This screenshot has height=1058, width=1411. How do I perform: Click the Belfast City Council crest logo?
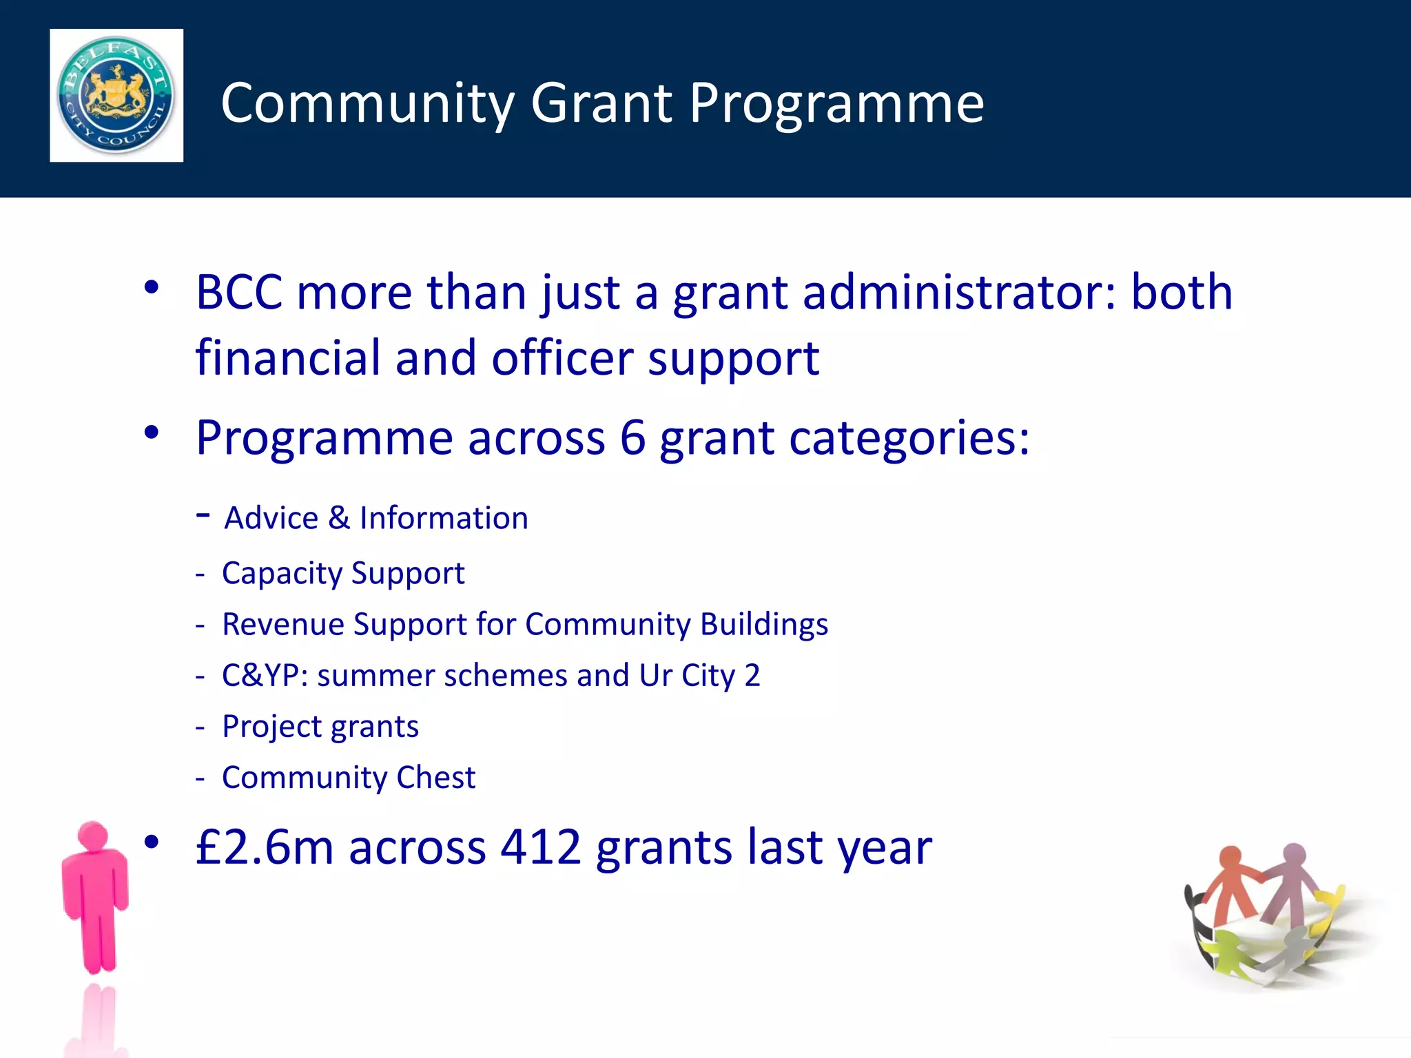[116, 95]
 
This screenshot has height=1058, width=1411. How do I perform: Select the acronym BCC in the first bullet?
[238, 292]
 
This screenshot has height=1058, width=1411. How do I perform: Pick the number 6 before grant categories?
[632, 438]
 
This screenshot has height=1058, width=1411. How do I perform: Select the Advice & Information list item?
[375, 518]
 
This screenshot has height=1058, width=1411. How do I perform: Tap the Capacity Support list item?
[343, 573]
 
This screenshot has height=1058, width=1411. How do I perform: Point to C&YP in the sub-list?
[265, 675]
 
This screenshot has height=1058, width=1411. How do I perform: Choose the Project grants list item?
[320, 727]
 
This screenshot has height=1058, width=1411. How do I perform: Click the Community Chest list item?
[348, 778]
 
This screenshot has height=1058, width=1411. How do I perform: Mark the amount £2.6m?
[265, 847]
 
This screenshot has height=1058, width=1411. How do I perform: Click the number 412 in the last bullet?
[541, 847]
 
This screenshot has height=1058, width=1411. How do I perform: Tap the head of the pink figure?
[93, 836]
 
